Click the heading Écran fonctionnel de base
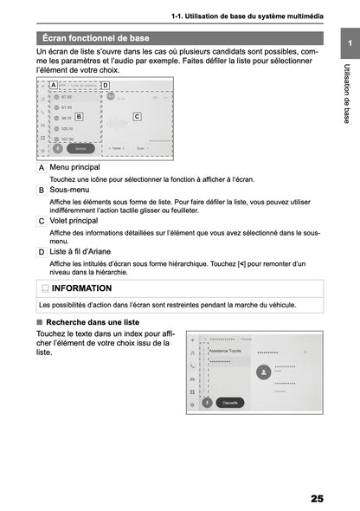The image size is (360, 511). [x=96, y=38]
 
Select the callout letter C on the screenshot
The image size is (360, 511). [x=137, y=115]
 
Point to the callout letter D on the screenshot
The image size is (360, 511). [x=105, y=85]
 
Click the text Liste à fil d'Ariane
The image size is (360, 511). [x=82, y=252]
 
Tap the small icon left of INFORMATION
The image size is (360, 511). [x=44, y=288]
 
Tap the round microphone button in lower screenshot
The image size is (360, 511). [x=207, y=402]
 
